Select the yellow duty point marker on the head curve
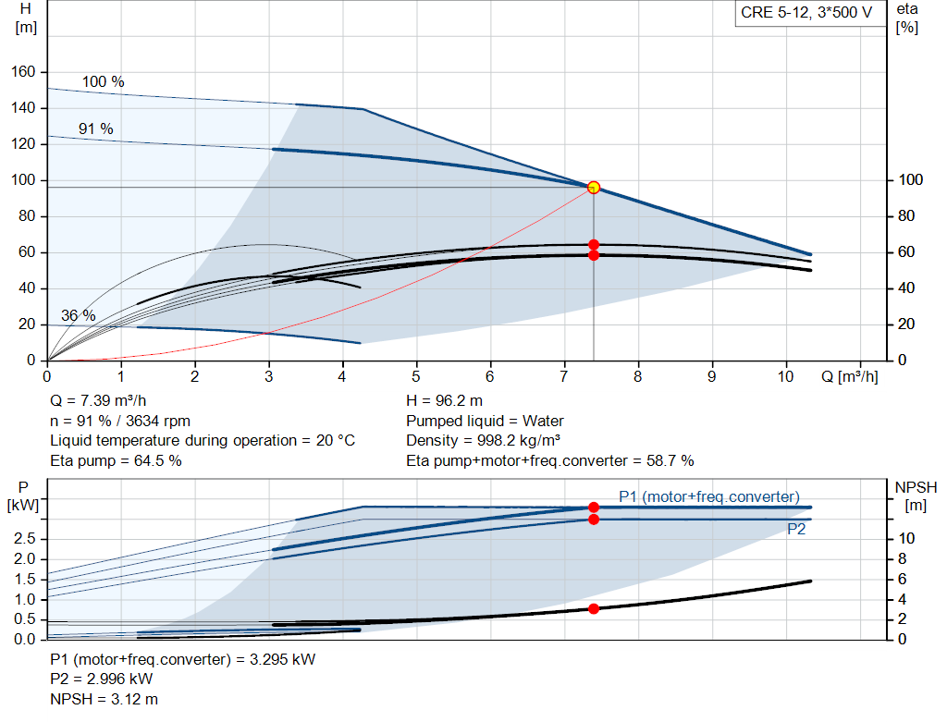[x=594, y=188]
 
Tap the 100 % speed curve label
[x=103, y=81]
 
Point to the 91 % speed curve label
[x=95, y=128]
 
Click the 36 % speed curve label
[x=78, y=315]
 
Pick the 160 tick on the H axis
[x=23, y=72]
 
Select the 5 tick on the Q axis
[x=416, y=376]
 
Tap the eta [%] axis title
[x=906, y=18]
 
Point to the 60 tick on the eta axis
[x=906, y=252]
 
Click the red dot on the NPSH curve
[x=594, y=608]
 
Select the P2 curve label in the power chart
[x=796, y=530]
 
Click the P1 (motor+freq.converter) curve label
[x=708, y=496]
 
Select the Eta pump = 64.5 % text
[x=116, y=459]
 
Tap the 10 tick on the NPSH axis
[x=907, y=539]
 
